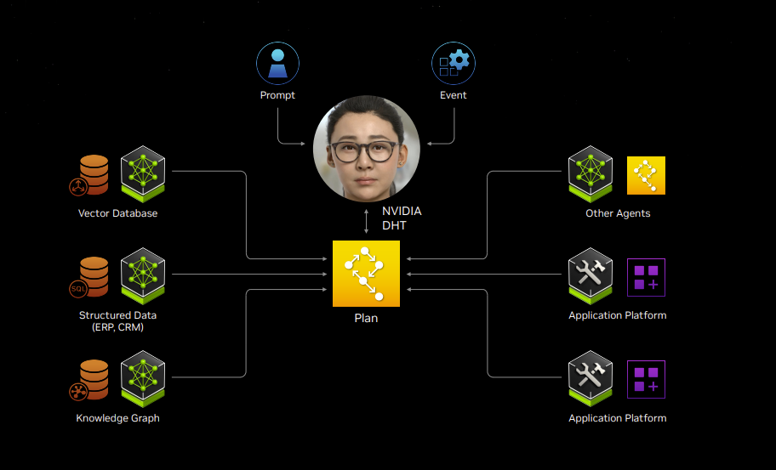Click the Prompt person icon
pos(277,64)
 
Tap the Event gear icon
pos(454,64)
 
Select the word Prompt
pos(277,95)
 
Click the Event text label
pos(454,95)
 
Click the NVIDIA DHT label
pos(401,218)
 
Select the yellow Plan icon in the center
pos(366,274)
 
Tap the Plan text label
pos(366,319)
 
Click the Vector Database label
pos(117,213)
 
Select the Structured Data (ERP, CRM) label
pos(117,321)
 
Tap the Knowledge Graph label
pos(117,418)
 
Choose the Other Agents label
pos(618,213)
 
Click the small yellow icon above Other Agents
pos(646,176)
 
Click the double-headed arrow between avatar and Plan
pos(366,220)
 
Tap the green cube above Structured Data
pos(142,274)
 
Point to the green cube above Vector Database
pos(142,171)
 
